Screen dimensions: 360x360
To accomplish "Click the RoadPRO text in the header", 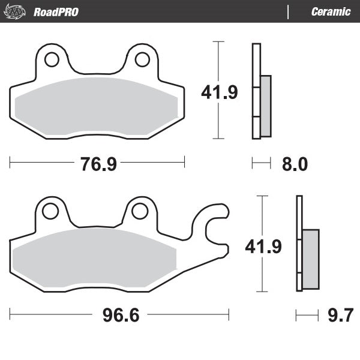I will tap(56, 11).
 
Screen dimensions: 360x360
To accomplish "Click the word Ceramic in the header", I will tap(331, 11).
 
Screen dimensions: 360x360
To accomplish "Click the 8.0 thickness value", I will tap(294, 164).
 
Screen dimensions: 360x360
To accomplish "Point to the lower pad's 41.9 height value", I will tap(263, 246).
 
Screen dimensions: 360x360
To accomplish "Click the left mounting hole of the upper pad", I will tap(52, 59).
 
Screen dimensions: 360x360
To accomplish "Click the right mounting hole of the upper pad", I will tap(142, 59).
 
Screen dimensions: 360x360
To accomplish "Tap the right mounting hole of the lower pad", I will tap(139, 211).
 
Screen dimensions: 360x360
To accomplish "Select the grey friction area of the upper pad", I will tap(96, 106).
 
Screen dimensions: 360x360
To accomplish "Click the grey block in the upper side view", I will tap(266, 105).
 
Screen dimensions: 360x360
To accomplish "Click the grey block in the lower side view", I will tap(310, 258).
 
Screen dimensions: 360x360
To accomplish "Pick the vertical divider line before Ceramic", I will tap(289, 11).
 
